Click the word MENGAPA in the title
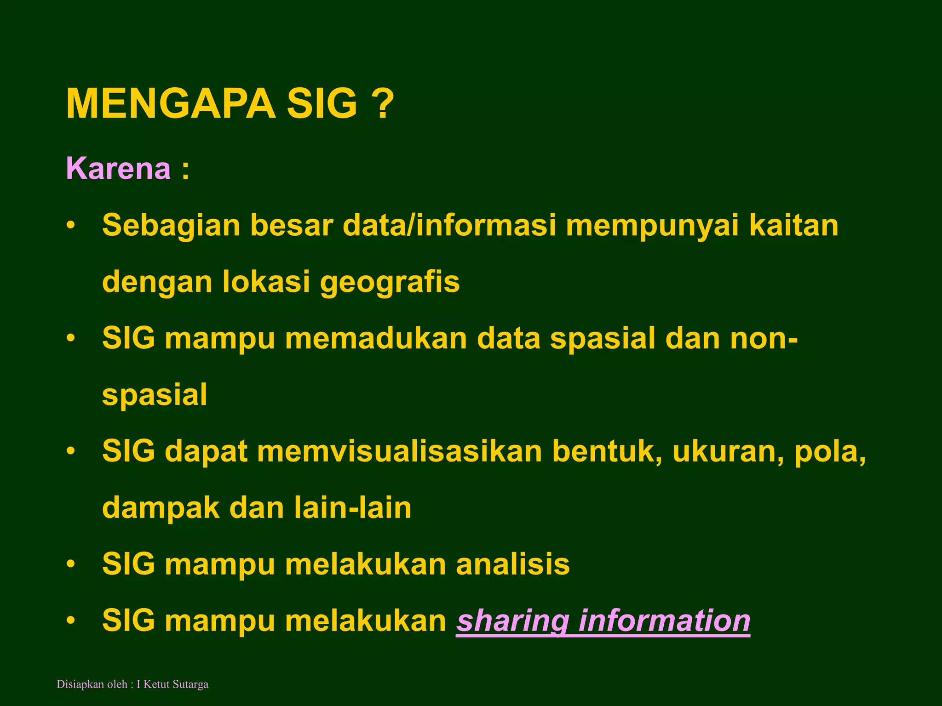pos(171,104)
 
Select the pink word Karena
pos(119,169)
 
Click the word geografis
pos(390,282)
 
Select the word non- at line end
pos(764,338)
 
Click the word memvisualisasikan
pos(400,451)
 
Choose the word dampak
pos(161,508)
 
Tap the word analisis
pos(513,564)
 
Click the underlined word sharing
pos(513,621)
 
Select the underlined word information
pos(664,621)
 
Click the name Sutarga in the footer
pos(190,684)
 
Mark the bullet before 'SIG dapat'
pos(70,451)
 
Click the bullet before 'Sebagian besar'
pos(70,226)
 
